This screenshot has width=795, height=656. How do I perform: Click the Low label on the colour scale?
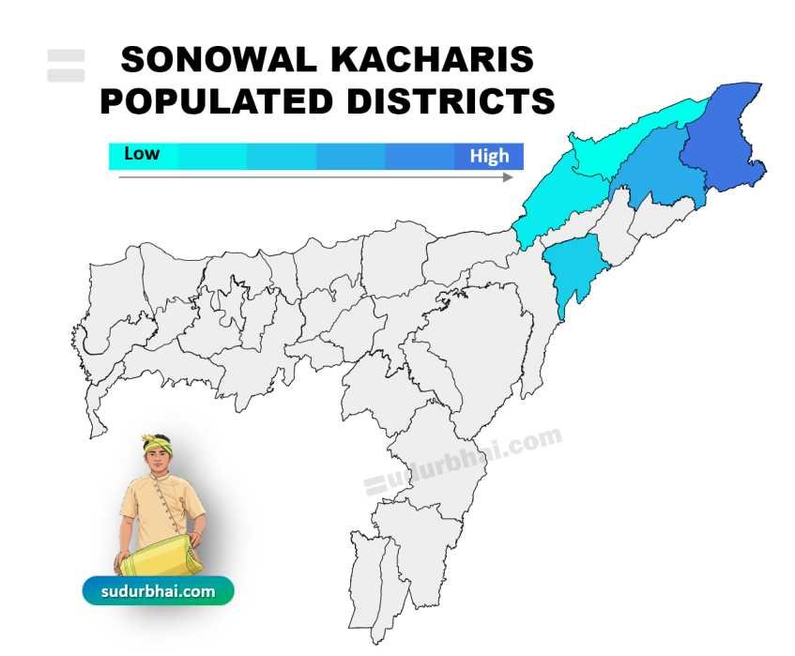pyautogui.click(x=142, y=153)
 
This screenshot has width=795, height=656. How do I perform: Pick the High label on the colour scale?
pyautogui.click(x=489, y=156)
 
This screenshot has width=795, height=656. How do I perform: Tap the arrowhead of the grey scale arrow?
pyautogui.click(x=510, y=176)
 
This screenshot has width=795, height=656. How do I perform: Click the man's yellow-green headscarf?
pyautogui.click(x=155, y=442)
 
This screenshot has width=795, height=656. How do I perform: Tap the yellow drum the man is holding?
pyautogui.click(x=161, y=560)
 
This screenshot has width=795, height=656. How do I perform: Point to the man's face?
pyautogui.click(x=157, y=462)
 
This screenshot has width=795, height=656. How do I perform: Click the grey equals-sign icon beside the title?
pyautogui.click(x=66, y=65)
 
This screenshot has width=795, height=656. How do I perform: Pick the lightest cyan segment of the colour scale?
pyautogui.click(x=143, y=156)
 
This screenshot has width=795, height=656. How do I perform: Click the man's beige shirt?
pyautogui.click(x=160, y=508)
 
